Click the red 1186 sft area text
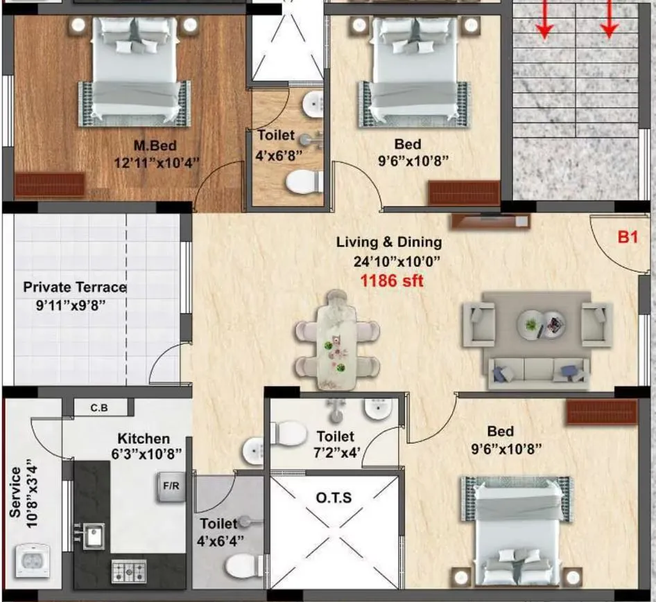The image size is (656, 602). click(x=391, y=281)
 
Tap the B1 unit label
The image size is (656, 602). click(x=627, y=237)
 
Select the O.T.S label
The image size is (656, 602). click(x=334, y=498)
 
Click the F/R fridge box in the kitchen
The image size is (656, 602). click(x=171, y=485)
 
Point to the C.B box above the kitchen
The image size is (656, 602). click(x=99, y=407)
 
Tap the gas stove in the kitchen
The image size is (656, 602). click(x=129, y=571)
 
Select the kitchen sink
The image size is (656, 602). click(x=92, y=535)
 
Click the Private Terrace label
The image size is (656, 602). click(x=75, y=287)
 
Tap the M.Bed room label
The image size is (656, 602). click(x=155, y=145)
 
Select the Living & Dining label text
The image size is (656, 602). click(x=388, y=242)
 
